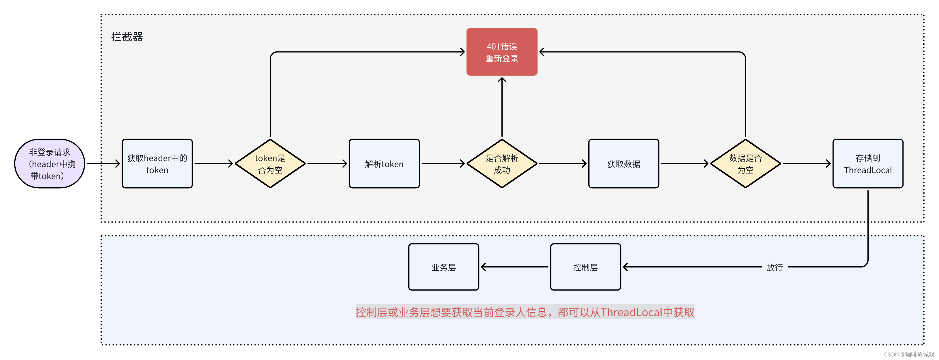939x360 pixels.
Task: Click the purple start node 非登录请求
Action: point(50,164)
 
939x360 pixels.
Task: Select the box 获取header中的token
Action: point(157,164)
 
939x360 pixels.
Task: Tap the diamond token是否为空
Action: point(270,164)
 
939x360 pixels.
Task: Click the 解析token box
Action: point(384,164)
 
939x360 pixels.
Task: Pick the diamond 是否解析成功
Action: point(502,164)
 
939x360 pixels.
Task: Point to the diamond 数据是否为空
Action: point(745,164)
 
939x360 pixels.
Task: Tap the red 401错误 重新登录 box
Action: point(502,52)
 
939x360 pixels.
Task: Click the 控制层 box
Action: point(585,267)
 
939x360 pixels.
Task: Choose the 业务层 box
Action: point(443,267)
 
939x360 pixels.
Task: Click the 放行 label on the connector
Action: point(775,267)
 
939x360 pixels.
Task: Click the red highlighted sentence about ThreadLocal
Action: point(525,312)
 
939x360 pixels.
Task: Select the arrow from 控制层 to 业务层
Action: point(515,267)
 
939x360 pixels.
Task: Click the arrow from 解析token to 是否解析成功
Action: point(443,164)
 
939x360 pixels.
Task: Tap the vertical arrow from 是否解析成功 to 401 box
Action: point(502,108)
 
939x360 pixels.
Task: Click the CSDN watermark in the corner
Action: point(909,354)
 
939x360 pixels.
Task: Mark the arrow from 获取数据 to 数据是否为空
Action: point(684,164)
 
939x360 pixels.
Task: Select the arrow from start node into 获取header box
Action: point(103,164)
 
